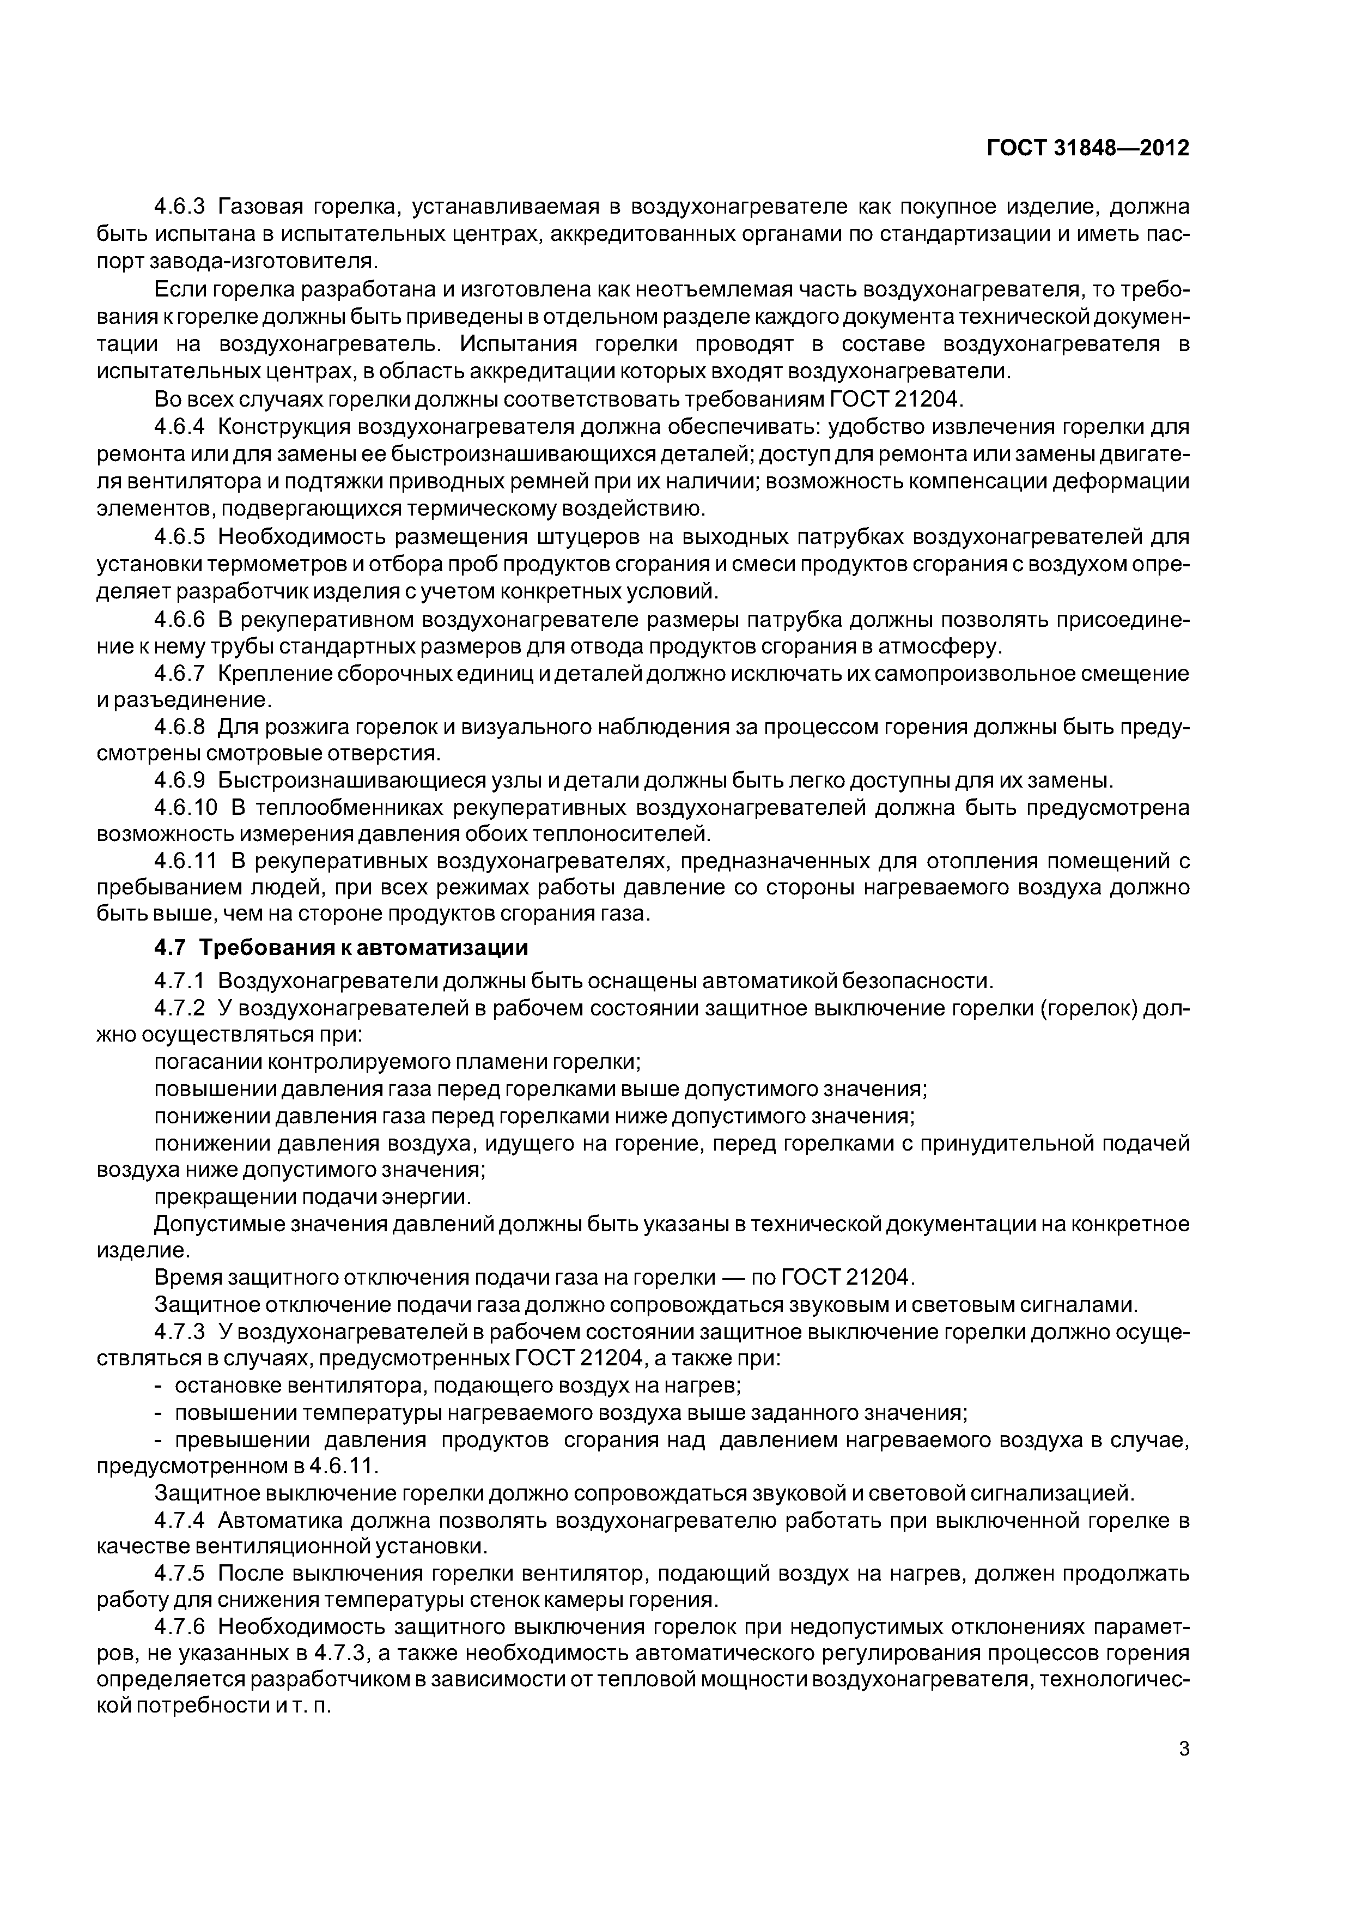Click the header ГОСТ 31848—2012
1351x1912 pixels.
point(1087,148)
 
